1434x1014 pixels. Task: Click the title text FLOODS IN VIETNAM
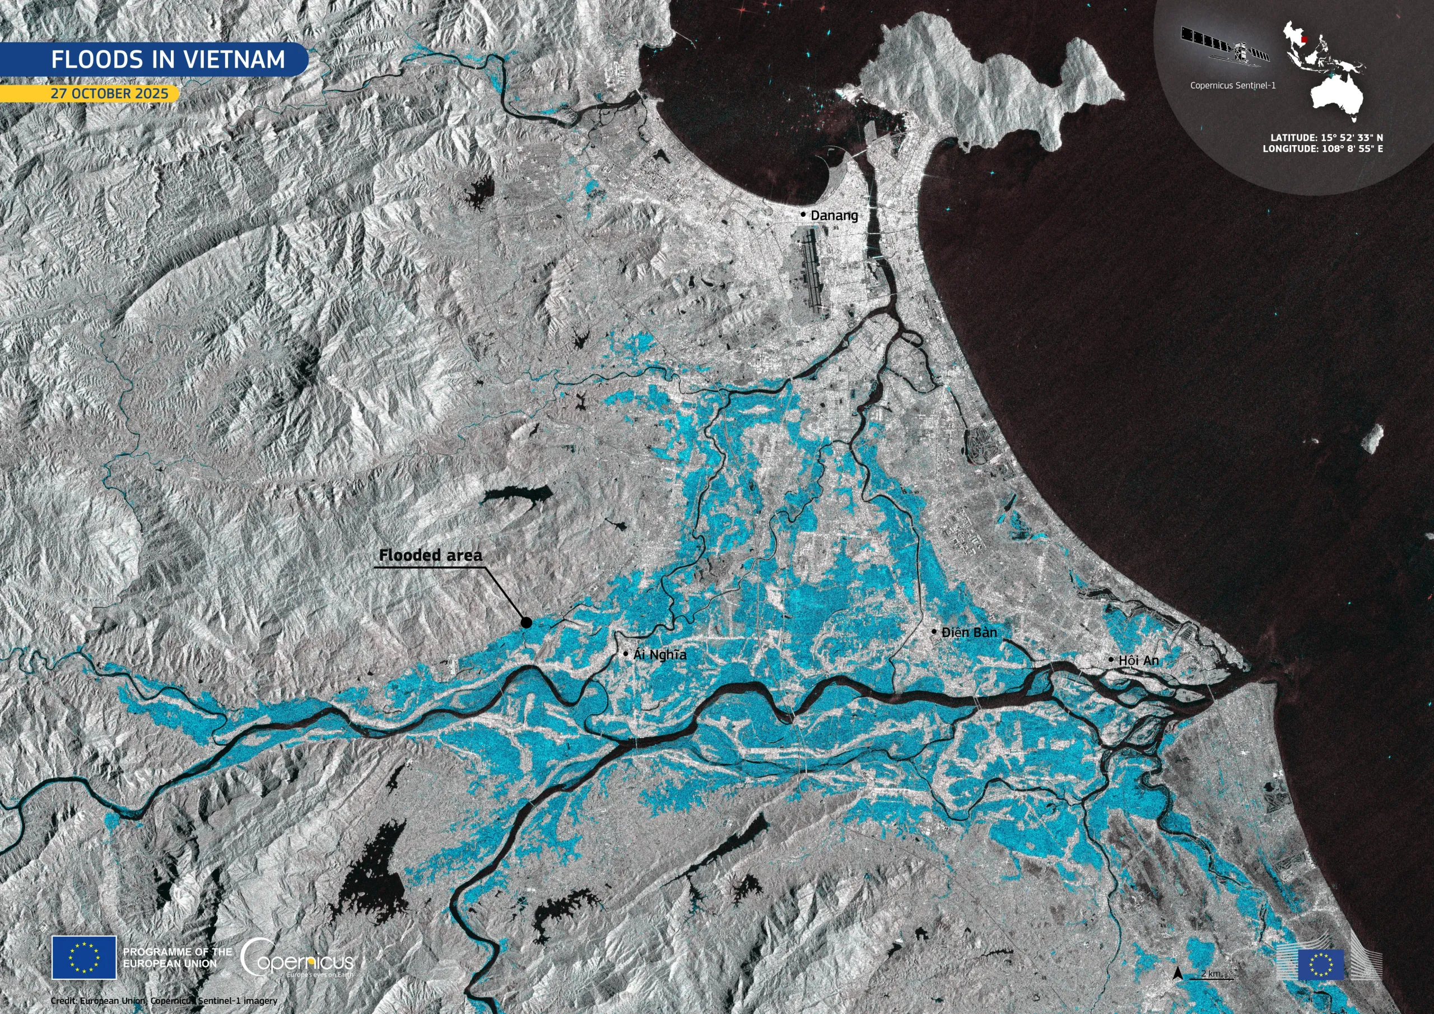pos(167,59)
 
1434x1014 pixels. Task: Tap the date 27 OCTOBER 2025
pos(109,94)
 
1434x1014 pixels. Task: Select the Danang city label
pos(834,216)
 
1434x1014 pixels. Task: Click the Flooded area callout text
pos(430,555)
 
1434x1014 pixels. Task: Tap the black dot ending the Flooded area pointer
pos(527,622)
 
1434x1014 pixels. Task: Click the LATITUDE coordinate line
pos(1326,137)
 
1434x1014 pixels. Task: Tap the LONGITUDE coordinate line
pos(1322,148)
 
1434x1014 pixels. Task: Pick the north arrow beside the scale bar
pos(1178,973)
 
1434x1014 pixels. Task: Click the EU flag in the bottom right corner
pos(1320,965)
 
